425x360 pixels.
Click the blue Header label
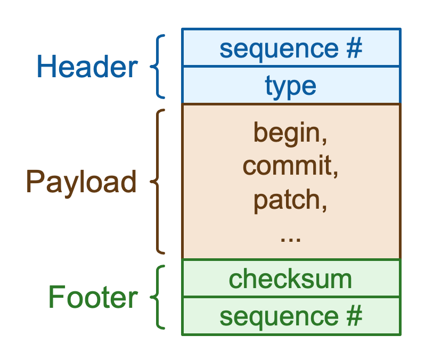tap(87, 68)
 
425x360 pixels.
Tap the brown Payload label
tap(81, 182)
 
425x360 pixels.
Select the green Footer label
tap(93, 298)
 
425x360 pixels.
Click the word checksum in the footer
tap(291, 279)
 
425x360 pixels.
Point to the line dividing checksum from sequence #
tap(291, 297)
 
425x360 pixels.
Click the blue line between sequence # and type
tap(291, 67)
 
